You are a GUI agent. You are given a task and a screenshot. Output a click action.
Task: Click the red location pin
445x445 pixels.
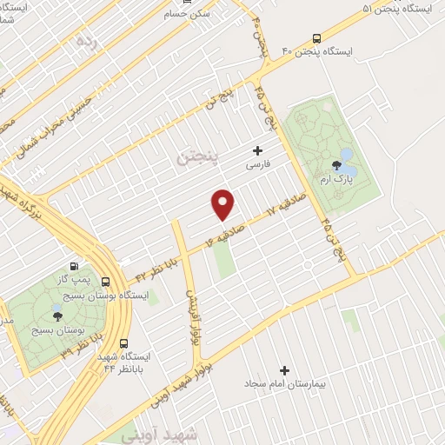(224, 203)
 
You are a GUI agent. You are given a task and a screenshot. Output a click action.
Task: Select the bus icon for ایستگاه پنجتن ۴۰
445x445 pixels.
(316, 38)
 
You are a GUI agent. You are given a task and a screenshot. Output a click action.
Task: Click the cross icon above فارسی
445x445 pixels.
(257, 149)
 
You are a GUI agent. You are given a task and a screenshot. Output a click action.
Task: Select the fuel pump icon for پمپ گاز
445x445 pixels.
(74, 267)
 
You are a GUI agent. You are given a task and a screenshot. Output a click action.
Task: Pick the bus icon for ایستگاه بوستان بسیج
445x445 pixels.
(105, 282)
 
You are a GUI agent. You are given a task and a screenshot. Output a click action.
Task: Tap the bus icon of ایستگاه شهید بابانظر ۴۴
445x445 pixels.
(123, 342)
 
